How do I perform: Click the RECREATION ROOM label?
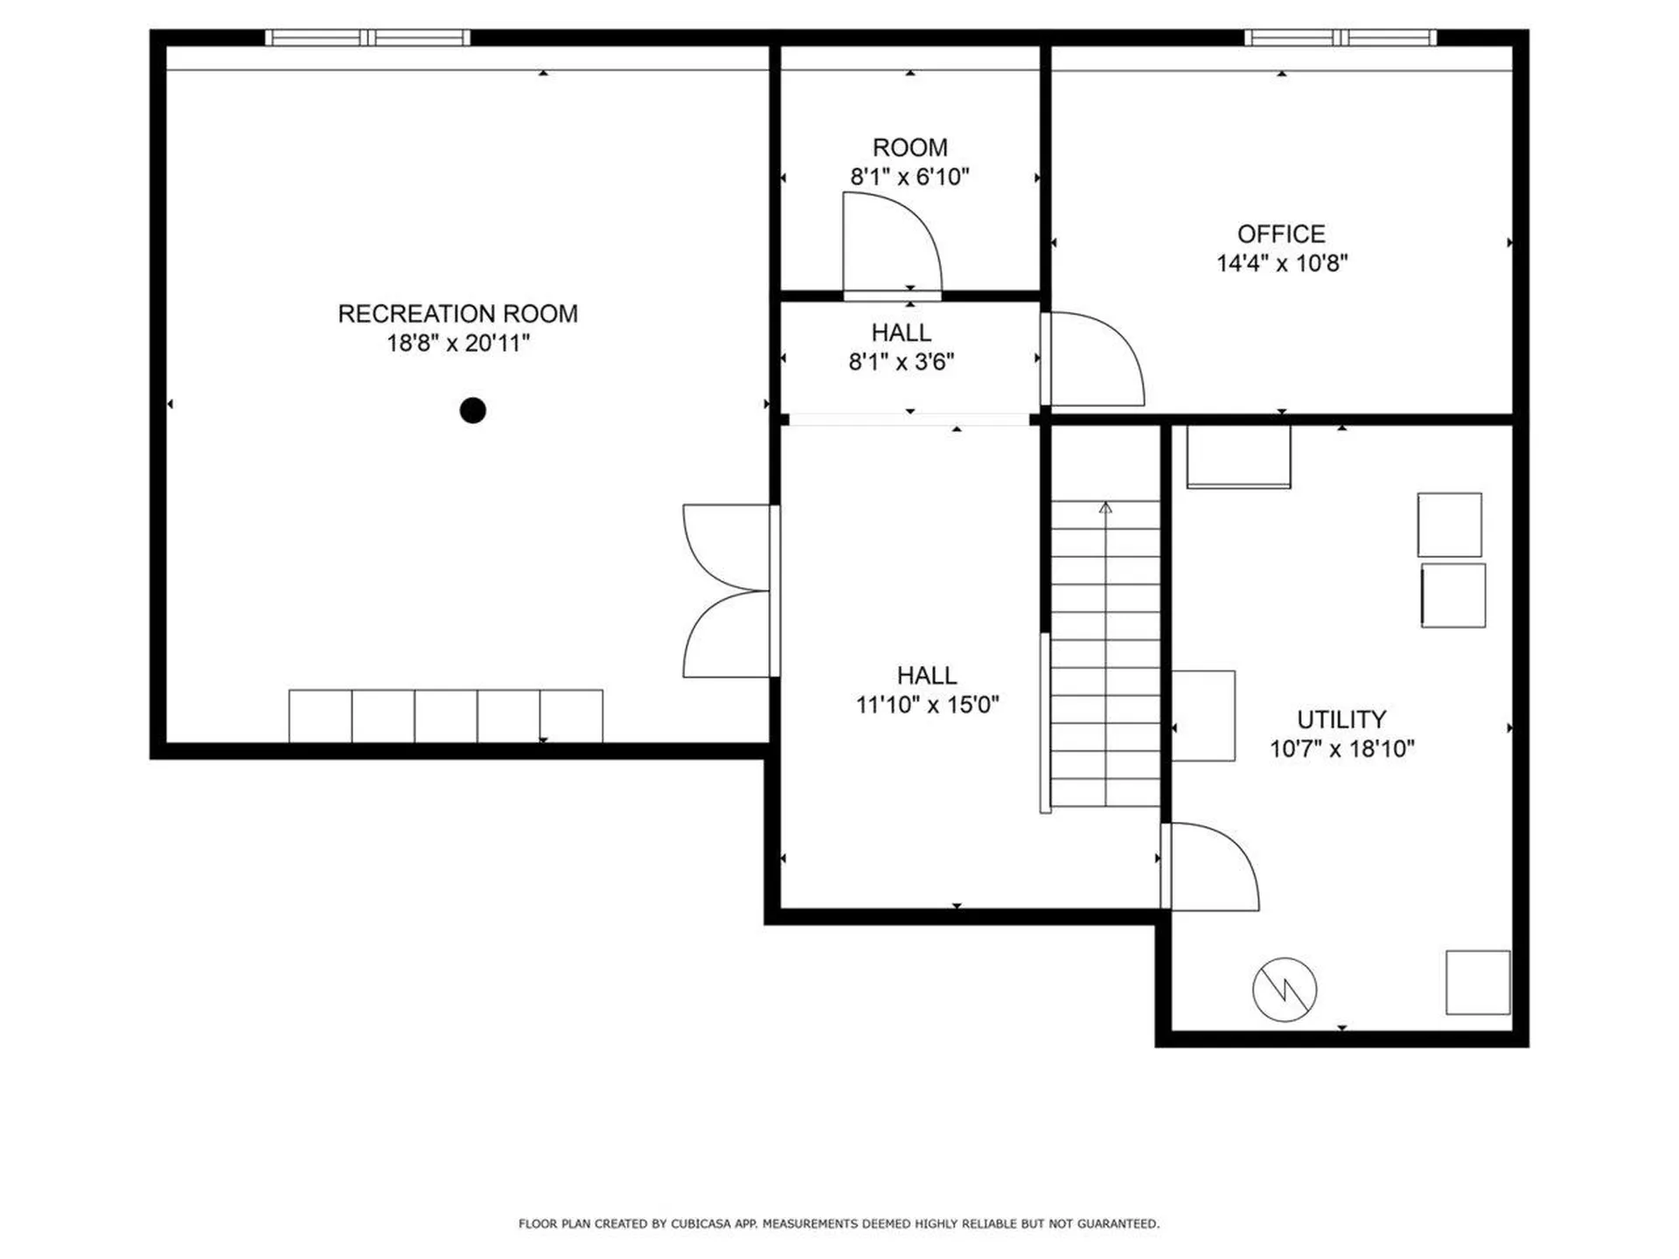457,314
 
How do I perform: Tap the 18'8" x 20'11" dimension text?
458,343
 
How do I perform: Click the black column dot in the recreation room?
473,410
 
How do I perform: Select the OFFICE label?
1281,234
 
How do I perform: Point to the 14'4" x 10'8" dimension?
1282,263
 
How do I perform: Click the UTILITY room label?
1341,720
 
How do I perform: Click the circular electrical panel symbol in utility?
1285,990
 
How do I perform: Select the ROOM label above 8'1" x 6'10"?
910,148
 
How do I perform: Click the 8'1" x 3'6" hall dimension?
902,362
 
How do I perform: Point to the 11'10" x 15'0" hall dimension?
927,705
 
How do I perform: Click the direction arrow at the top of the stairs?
1105,508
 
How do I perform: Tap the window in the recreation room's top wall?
367,38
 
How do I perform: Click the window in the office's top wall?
1341,38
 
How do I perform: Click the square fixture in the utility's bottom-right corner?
1478,983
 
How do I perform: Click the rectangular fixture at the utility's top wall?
1238,456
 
